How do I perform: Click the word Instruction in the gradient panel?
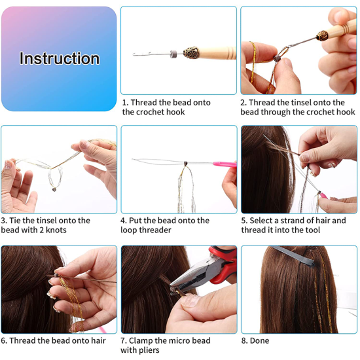[x=60, y=58]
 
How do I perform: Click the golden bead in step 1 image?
[x=188, y=52]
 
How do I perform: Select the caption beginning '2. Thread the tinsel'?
[x=297, y=107]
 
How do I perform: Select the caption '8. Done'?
[x=258, y=341]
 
